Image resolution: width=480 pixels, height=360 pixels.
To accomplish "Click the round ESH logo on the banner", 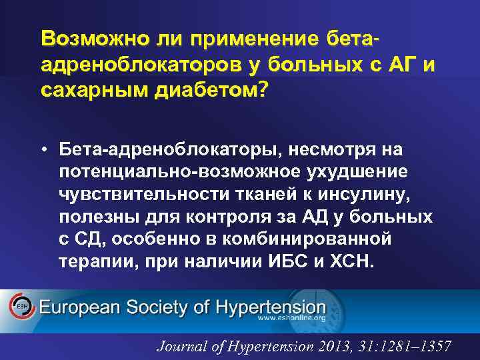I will point(21,307).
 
